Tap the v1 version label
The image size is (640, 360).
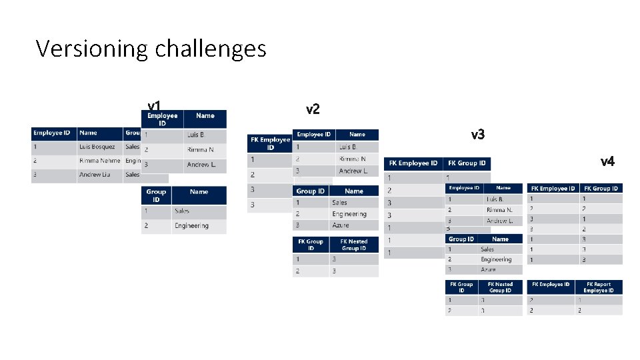click(x=154, y=106)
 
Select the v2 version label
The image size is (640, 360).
click(x=313, y=109)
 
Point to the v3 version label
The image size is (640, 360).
click(x=477, y=135)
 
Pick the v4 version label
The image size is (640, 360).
click(x=607, y=161)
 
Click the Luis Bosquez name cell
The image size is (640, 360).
click(x=97, y=147)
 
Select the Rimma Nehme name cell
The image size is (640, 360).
click(x=99, y=161)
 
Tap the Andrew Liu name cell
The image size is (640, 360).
click(x=95, y=175)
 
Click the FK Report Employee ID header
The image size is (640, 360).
click(x=598, y=287)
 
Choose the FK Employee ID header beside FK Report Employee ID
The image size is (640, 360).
click(x=550, y=285)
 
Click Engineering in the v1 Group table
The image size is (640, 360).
click(x=192, y=226)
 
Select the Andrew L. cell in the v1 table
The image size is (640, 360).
click(x=201, y=165)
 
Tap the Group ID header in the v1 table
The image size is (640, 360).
click(x=156, y=195)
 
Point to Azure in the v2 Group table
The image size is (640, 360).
click(x=340, y=225)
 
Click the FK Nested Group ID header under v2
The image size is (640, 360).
click(x=353, y=245)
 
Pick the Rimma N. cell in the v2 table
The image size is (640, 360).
click(x=353, y=159)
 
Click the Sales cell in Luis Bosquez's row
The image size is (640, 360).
click(x=132, y=147)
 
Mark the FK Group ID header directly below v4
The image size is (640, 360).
click(x=601, y=189)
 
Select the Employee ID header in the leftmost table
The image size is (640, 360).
click(x=53, y=133)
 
